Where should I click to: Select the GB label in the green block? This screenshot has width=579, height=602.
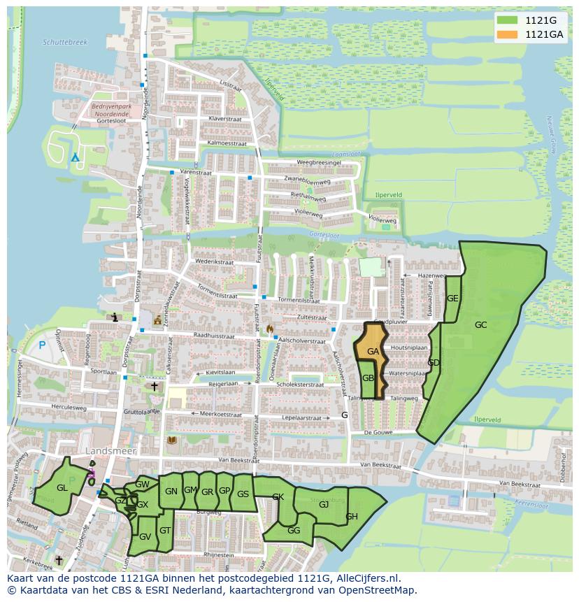(368, 378)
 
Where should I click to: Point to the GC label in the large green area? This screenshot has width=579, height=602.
(480, 325)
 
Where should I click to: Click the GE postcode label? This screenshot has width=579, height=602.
(452, 299)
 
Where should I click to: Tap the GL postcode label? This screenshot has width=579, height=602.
(62, 488)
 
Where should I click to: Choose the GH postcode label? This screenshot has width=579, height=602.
(352, 517)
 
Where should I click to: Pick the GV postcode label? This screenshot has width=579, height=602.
(145, 537)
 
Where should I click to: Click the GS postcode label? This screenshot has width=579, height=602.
(243, 494)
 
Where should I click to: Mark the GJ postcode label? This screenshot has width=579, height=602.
(324, 505)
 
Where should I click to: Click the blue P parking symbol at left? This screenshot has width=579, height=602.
(42, 345)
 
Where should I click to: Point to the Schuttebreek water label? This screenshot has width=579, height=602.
(65, 43)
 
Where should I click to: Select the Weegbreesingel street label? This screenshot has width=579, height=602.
(318, 163)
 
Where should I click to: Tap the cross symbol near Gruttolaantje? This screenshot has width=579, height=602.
(154, 386)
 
